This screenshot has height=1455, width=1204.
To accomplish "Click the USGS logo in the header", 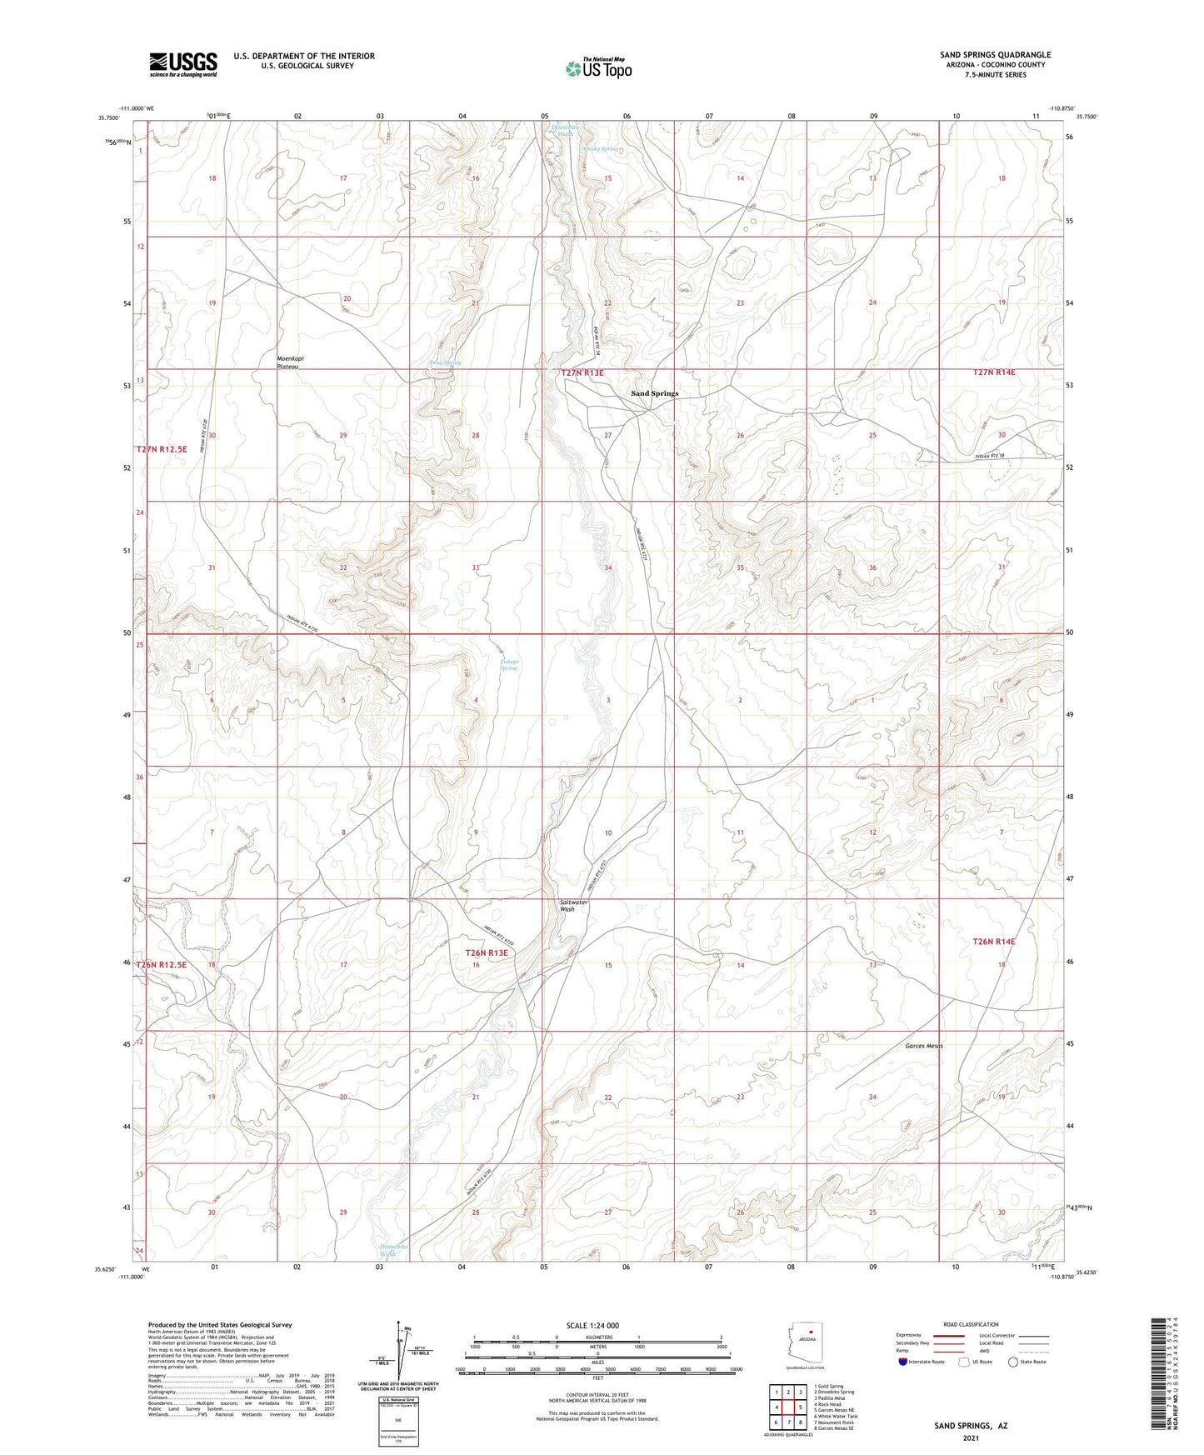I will [183, 64].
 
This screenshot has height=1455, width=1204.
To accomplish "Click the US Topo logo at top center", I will [597, 68].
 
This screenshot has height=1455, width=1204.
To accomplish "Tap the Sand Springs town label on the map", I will [654, 393].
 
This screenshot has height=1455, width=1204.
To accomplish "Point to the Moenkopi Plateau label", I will [288, 362].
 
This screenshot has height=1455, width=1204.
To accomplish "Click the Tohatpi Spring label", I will [509, 664].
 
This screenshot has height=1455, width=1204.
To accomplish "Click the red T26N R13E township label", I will [486, 952].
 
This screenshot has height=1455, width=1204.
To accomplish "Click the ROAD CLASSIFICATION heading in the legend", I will [971, 1324].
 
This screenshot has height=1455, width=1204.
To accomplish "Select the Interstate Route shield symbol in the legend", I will [904, 1362].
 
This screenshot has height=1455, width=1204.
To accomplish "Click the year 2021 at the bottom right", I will [971, 1437].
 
